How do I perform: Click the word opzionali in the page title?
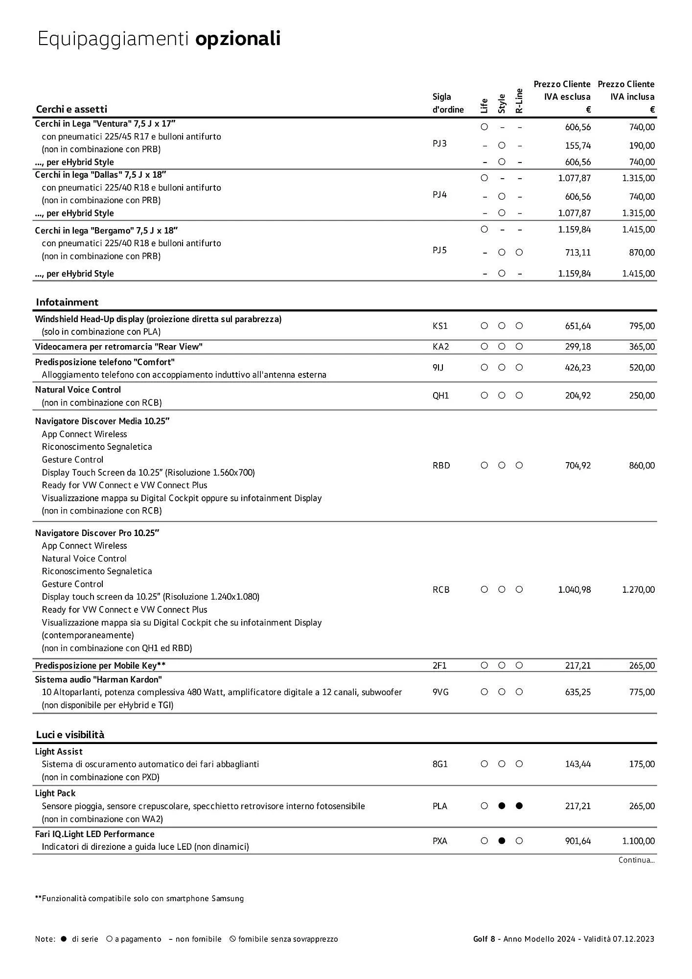[238, 39]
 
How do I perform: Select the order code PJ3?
[439, 143]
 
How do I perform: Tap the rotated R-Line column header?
[519, 101]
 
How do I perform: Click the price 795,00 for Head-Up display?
[642, 326]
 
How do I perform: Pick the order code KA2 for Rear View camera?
[440, 347]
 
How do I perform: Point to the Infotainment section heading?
[67, 302]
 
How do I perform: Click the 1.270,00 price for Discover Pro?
[638, 590]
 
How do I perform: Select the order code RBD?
[441, 466]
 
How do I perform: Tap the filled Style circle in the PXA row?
[502, 841]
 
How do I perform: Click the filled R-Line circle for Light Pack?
[519, 806]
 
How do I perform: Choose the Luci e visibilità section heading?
[70, 735]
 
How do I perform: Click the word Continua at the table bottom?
[636, 860]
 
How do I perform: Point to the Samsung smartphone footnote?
[139, 899]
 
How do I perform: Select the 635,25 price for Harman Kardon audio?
[577, 692]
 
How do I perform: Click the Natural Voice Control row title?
[78, 390]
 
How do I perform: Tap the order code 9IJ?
[438, 368]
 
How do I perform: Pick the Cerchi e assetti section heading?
[71, 109]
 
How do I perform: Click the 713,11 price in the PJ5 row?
[577, 253]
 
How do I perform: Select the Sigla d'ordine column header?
[447, 103]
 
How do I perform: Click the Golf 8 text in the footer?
[484, 939]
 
